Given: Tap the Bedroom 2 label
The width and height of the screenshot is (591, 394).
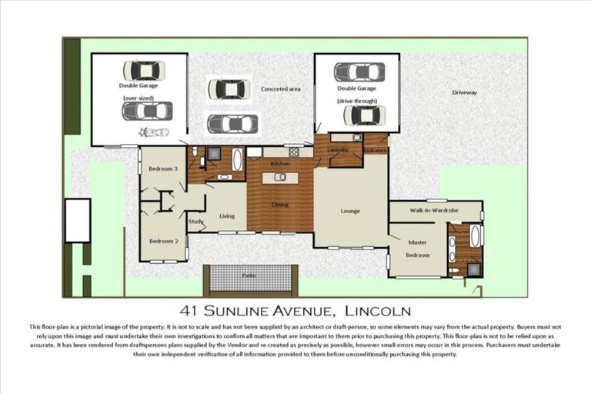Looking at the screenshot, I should (163, 241).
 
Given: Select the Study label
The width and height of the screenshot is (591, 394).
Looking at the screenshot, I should (195, 222).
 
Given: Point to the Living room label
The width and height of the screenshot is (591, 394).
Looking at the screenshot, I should (226, 216).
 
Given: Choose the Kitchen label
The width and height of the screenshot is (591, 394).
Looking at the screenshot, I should (279, 164).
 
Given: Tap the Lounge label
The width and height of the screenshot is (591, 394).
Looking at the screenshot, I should (350, 211).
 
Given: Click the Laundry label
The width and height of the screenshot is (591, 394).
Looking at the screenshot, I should (338, 149).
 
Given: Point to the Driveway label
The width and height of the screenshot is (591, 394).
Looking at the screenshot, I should (464, 92).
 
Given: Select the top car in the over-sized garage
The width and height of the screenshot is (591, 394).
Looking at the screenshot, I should (144, 71).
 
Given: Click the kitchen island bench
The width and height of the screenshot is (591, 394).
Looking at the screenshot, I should (280, 179).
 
